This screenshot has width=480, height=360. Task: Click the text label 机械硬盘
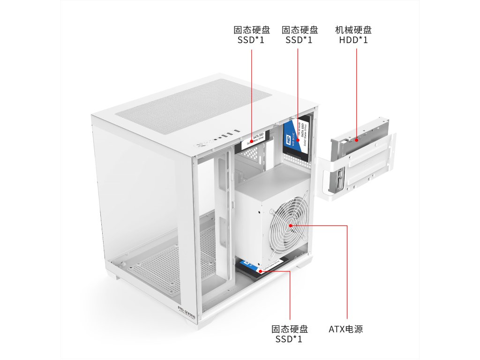click(x=353, y=30)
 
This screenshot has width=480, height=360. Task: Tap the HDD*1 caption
click(x=353, y=40)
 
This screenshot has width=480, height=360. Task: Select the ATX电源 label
click(x=345, y=329)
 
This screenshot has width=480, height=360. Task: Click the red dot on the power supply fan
click(x=291, y=225)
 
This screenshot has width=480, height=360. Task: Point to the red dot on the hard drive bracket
click(x=357, y=139)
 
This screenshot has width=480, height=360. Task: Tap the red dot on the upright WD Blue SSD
click(x=298, y=140)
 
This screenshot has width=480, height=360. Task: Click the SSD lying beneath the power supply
click(x=260, y=269)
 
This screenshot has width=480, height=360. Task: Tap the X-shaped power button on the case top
click(x=203, y=143)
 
